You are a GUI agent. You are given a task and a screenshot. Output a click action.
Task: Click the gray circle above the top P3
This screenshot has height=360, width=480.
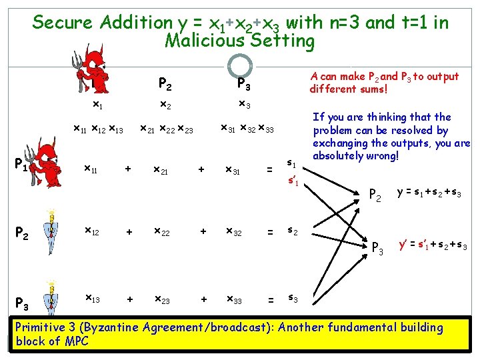coord(239,65)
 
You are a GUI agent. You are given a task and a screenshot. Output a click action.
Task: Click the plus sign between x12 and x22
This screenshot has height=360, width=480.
coord(129,232)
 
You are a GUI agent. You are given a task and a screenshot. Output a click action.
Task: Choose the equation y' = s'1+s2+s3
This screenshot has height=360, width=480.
coord(432,245)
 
